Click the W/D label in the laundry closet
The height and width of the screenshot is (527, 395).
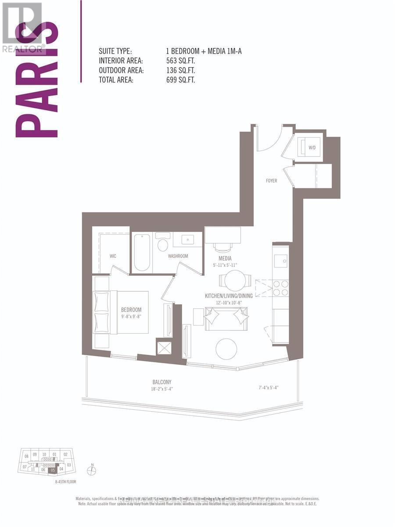[x=312, y=148]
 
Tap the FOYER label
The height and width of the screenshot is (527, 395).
[x=271, y=180]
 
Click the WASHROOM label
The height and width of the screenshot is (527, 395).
[x=178, y=256]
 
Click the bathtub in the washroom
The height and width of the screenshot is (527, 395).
[x=142, y=253]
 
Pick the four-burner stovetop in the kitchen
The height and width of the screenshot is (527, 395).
[x=280, y=288]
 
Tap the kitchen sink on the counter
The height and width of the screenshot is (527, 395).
[x=280, y=260]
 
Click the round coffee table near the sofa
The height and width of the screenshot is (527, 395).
[x=226, y=349]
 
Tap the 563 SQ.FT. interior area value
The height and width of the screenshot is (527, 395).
[x=179, y=61]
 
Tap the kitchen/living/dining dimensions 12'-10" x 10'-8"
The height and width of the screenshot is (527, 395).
[x=228, y=303]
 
